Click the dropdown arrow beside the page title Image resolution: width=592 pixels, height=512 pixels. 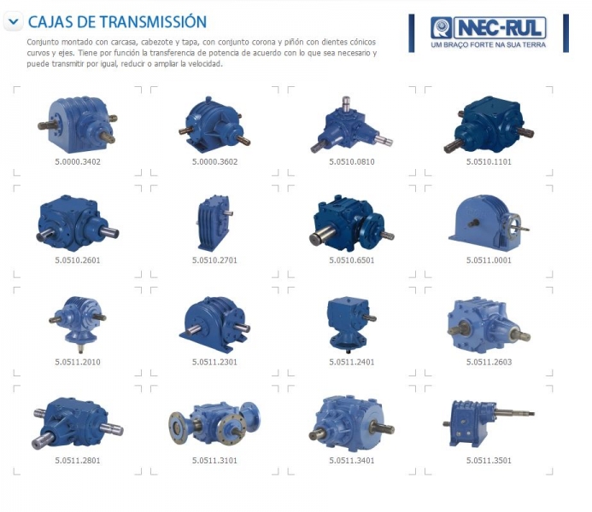pyautogui.click(x=13, y=21)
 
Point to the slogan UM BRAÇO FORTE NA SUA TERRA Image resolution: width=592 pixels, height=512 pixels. pyautogui.click(x=488, y=45)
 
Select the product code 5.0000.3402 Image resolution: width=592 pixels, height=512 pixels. pyautogui.click(x=78, y=162)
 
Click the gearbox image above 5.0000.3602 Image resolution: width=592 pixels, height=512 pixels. pyautogui.click(x=214, y=124)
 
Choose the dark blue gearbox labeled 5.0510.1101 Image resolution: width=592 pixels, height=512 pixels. pyautogui.click(x=489, y=124)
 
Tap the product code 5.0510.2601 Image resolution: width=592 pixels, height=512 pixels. pyautogui.click(x=78, y=260)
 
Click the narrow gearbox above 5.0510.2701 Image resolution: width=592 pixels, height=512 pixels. pyautogui.click(x=214, y=223)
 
